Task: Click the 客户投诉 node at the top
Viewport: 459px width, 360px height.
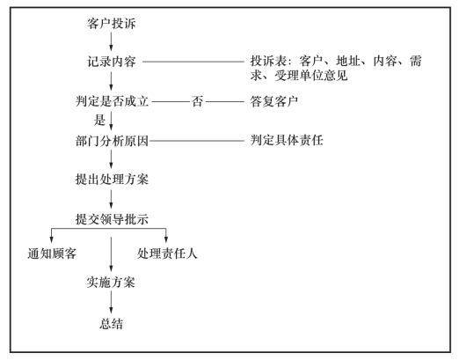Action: (x=112, y=24)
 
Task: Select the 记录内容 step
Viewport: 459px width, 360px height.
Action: (x=112, y=62)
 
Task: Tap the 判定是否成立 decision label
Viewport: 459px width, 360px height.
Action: (x=112, y=101)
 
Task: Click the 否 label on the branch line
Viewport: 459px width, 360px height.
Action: (x=197, y=101)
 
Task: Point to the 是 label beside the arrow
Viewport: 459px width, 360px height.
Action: (x=99, y=120)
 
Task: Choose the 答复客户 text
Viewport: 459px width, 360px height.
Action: (x=274, y=101)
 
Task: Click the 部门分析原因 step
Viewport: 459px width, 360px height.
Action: (x=112, y=141)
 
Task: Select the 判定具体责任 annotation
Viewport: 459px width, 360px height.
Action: (x=287, y=140)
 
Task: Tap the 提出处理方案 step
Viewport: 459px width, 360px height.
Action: (x=112, y=180)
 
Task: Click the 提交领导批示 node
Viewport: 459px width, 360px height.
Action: (x=112, y=219)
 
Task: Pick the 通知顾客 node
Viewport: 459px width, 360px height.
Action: (x=52, y=253)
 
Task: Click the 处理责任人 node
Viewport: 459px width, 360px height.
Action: (x=167, y=253)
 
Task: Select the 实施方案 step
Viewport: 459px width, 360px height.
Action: (x=111, y=283)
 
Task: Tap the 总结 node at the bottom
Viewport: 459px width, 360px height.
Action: (x=111, y=324)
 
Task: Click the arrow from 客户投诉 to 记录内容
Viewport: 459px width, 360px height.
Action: (x=111, y=41)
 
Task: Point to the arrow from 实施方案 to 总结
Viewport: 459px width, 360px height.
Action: (x=111, y=302)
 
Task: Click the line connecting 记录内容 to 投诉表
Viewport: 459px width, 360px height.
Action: (x=193, y=62)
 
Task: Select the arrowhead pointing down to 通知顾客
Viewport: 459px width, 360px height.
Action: (x=52, y=239)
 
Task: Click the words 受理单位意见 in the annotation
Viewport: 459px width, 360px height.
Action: (x=311, y=76)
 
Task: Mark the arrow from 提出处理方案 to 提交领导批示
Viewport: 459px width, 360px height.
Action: (x=111, y=199)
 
